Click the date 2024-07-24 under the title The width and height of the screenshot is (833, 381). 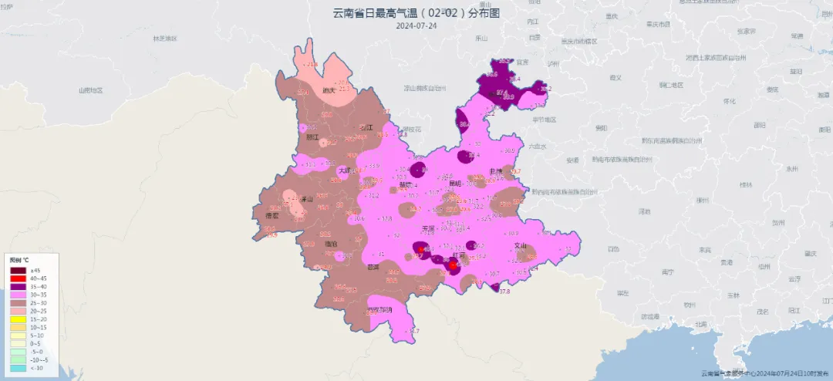416,25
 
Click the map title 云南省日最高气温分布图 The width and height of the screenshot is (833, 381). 416,12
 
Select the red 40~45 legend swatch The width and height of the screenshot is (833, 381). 19,278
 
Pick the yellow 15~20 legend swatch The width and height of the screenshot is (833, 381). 19,319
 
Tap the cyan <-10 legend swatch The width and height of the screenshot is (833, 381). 19,367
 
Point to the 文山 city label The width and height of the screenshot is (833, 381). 521,246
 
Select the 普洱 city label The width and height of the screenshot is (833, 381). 373,267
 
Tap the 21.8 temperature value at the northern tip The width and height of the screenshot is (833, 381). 312,65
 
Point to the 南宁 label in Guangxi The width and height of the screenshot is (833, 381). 668,271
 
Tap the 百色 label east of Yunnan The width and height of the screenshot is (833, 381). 612,248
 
